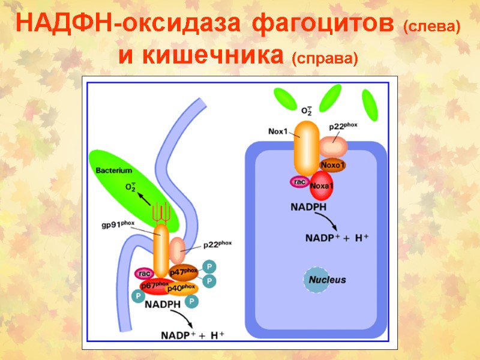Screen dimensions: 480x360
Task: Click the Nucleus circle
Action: (327, 280)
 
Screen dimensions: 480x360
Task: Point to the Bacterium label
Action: (114, 170)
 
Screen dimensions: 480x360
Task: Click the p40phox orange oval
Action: (182, 289)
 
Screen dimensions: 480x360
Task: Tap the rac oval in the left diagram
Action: (144, 274)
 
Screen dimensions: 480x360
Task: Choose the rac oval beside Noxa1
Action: (299, 181)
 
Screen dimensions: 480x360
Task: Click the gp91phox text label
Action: (118, 224)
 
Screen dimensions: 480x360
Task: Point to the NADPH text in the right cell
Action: (308, 207)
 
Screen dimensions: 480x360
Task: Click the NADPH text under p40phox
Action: (163, 304)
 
